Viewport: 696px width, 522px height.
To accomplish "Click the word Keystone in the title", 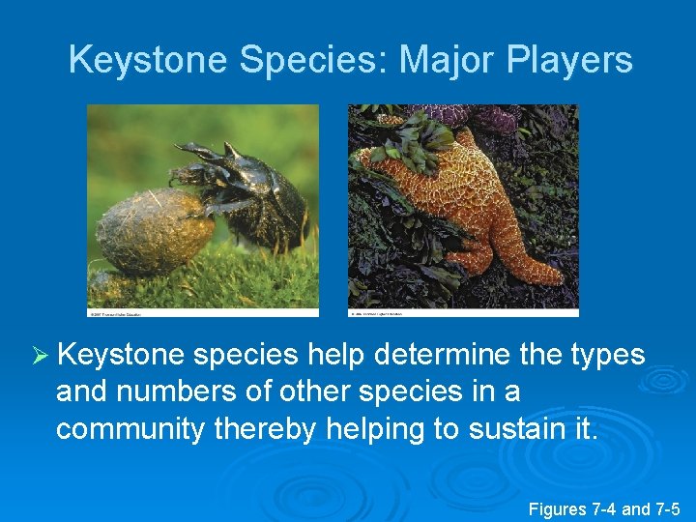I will coord(149,60).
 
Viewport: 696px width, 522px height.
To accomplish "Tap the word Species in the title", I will coord(313,60).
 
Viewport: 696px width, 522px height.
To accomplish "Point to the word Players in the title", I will coord(567,60).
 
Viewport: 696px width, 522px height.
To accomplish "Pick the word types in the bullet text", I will coord(606,356).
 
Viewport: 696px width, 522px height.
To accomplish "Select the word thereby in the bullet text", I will coord(263,429).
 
